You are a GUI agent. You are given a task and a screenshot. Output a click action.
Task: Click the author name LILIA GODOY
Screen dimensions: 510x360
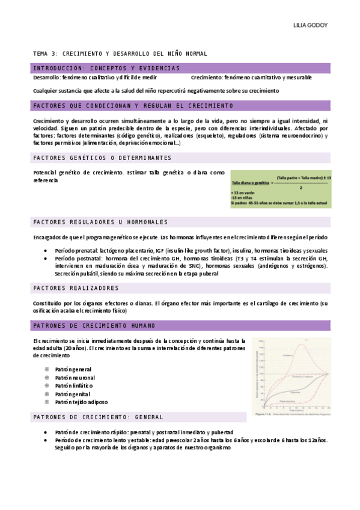tap(310, 26)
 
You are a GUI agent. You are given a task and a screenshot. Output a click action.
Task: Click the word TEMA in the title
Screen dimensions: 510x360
tap(40, 54)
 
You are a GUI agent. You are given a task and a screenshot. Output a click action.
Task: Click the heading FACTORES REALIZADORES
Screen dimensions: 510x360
tap(76, 288)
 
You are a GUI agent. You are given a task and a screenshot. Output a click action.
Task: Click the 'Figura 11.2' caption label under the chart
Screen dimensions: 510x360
tap(264, 414)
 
